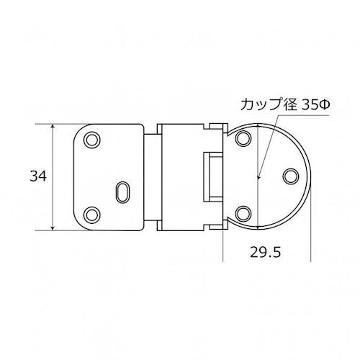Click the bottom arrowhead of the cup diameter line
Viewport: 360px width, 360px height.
(257, 226)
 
